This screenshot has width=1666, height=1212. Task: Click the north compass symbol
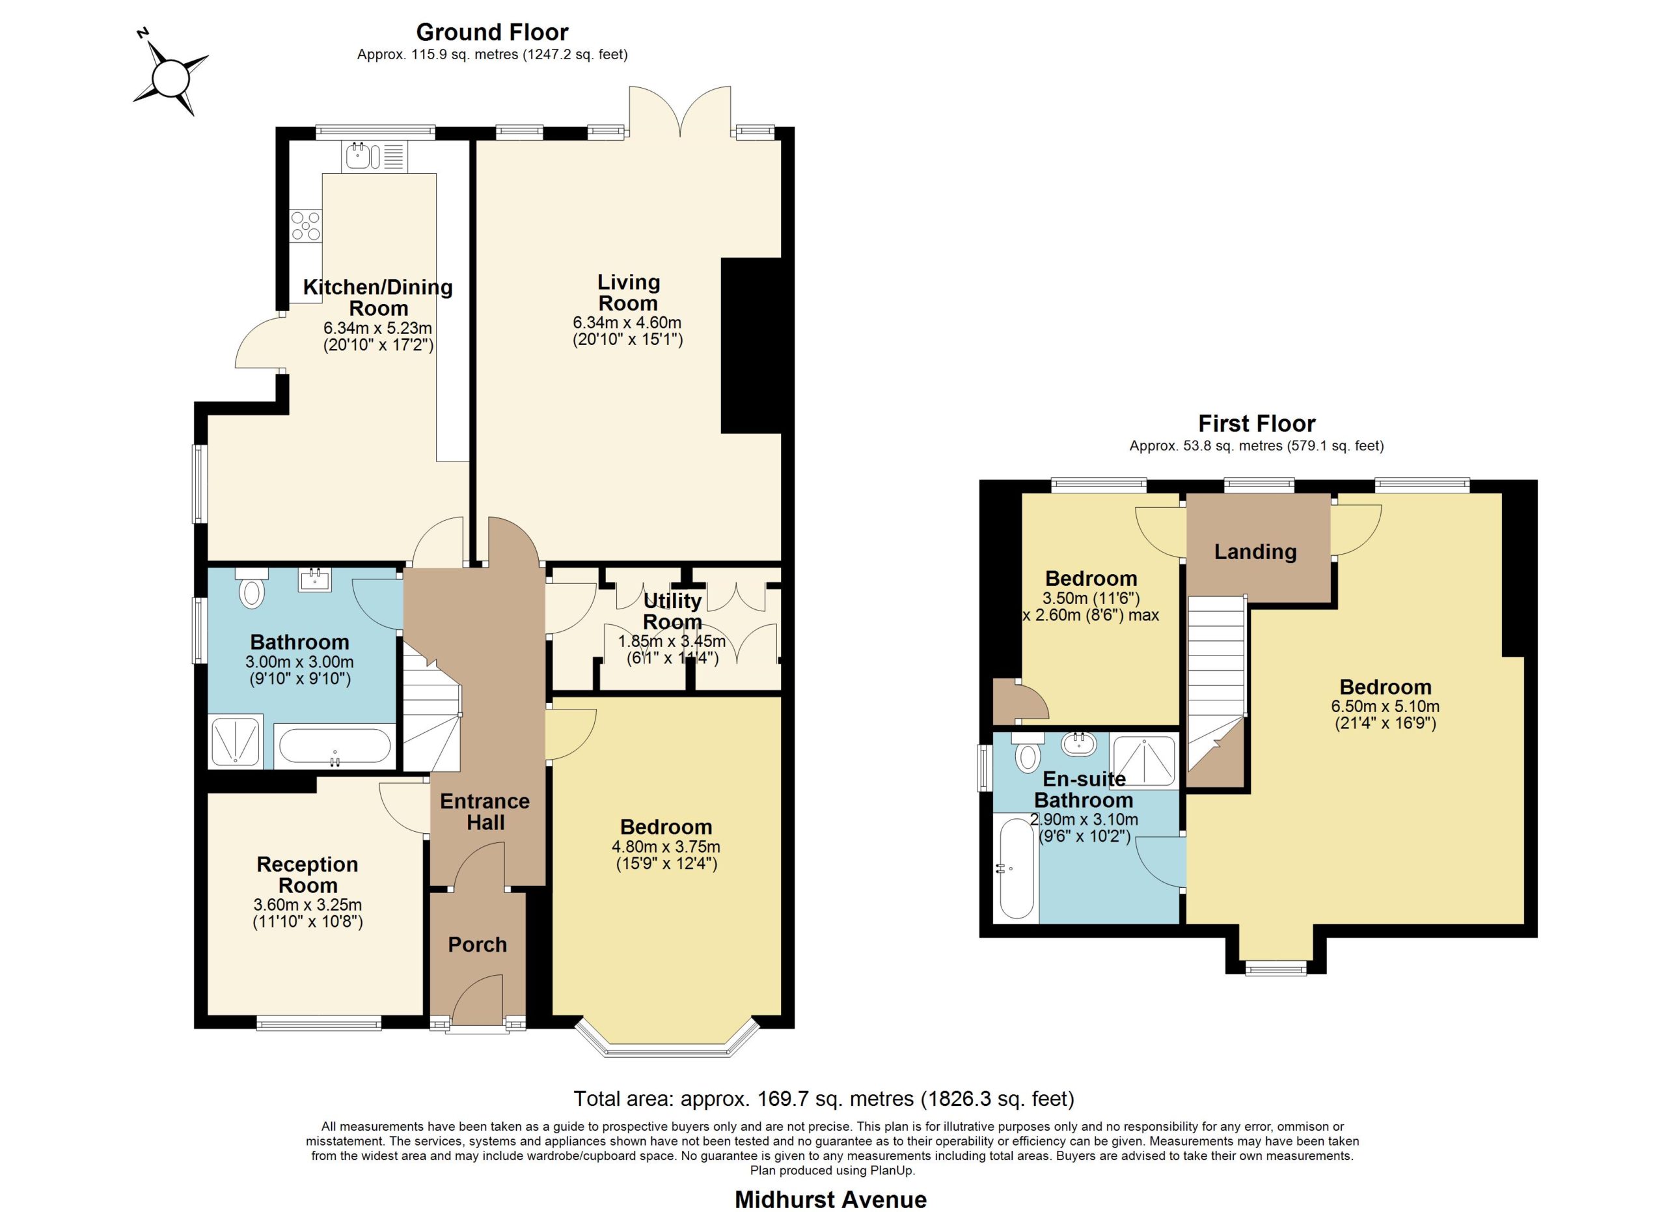171,76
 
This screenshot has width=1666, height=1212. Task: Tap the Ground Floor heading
492,33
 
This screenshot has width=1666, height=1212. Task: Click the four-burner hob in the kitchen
306,225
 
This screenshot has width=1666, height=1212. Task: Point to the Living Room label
628,292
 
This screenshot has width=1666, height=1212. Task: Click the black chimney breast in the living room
751,345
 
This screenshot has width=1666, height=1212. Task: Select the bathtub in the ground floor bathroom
335,747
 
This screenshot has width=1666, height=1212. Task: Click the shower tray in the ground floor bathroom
236,742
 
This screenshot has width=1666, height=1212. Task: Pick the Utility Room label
672,611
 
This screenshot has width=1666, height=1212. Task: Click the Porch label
478,944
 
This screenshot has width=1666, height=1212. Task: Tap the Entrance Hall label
485,812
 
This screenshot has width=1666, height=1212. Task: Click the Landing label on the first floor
1255,551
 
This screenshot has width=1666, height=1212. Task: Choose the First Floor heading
1257,424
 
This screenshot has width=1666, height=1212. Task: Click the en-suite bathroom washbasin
1079,743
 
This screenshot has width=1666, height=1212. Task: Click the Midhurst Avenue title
831,1200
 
